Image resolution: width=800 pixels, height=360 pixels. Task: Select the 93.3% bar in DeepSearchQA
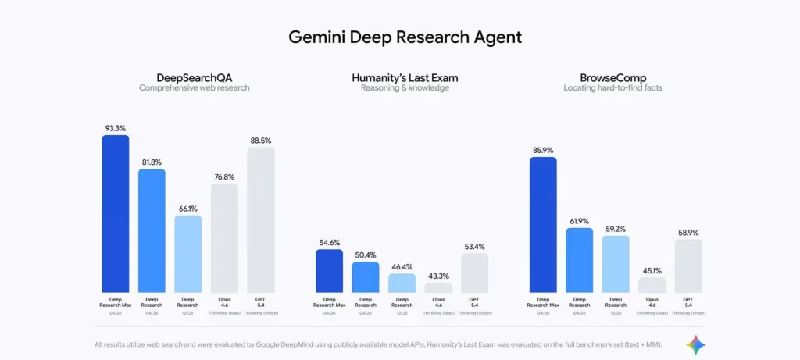coord(116,214)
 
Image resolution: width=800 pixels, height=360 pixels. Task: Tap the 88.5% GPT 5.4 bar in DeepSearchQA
coord(261,220)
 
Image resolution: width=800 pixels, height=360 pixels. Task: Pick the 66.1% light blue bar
coord(187,254)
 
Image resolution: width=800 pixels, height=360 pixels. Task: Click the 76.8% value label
coord(224,176)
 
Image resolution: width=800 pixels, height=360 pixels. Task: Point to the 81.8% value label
coord(152,162)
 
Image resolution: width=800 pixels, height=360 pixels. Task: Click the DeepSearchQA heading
coord(195,77)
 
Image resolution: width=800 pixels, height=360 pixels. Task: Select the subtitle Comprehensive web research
coord(195,88)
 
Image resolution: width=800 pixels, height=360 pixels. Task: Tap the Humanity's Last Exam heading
coord(404,77)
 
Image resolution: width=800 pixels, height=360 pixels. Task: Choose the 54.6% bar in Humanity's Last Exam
coord(329,271)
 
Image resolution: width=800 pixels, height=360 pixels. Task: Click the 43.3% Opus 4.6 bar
coord(438,287)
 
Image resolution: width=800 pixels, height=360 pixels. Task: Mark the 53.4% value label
coord(474,246)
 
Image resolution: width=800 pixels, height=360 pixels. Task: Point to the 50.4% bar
coord(366,277)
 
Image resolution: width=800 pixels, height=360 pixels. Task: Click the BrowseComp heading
coord(612,77)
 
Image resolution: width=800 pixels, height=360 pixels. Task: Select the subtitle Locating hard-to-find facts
coord(612,88)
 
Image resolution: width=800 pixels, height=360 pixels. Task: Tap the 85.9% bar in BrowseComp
coord(543,225)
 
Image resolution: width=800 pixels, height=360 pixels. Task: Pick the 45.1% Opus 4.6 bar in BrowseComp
coord(652,285)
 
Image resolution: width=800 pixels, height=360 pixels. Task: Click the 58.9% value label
coord(688,233)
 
